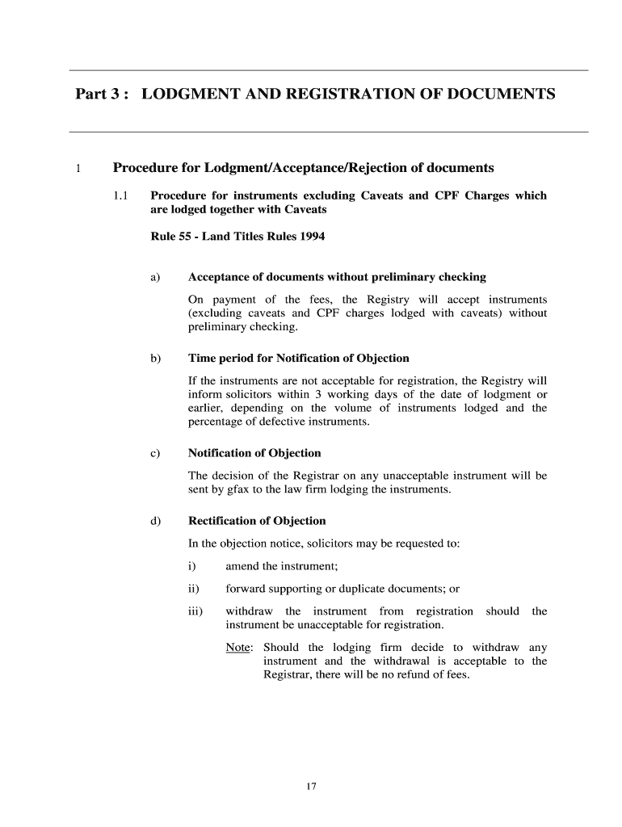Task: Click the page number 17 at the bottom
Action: tap(310, 787)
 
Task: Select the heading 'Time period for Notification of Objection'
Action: tap(298, 358)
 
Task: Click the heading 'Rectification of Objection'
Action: tap(257, 521)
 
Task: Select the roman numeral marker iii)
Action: tap(195, 611)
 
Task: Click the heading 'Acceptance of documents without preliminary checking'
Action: tap(337, 277)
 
